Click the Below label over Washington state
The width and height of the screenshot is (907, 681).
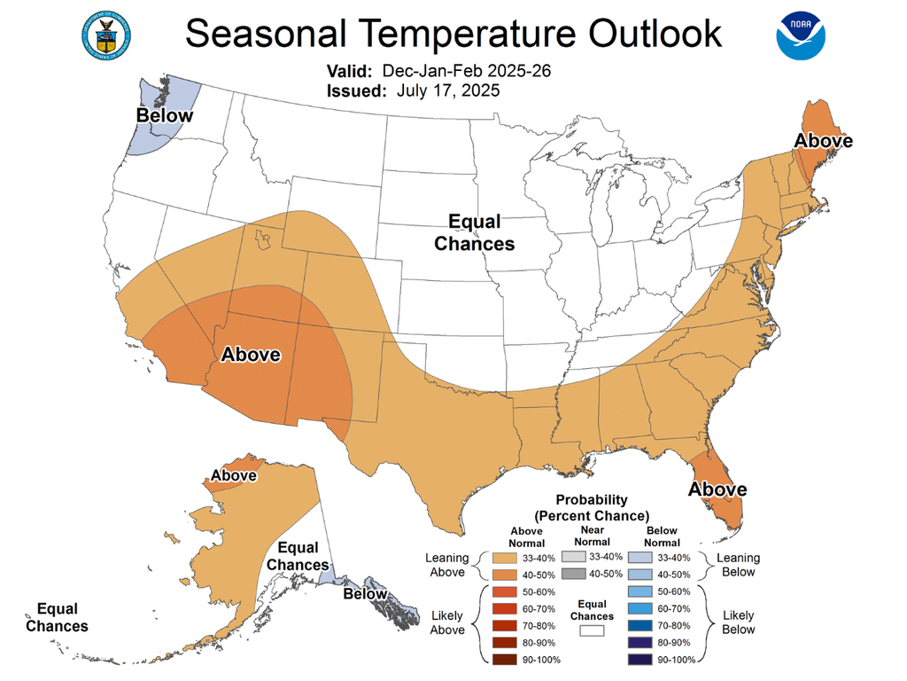click(164, 115)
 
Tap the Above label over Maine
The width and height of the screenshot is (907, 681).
click(823, 141)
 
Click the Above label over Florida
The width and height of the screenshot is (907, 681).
click(717, 489)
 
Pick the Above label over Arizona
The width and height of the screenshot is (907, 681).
click(251, 355)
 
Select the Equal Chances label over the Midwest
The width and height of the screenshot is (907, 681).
click(474, 232)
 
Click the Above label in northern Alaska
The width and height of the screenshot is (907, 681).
click(233, 475)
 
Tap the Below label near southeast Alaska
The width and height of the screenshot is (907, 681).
click(365, 593)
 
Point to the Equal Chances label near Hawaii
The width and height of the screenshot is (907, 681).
click(57, 617)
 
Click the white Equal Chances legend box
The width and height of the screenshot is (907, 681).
click(592, 630)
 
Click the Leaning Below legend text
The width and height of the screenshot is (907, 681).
click(737, 565)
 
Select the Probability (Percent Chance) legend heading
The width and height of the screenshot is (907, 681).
click(592, 507)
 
